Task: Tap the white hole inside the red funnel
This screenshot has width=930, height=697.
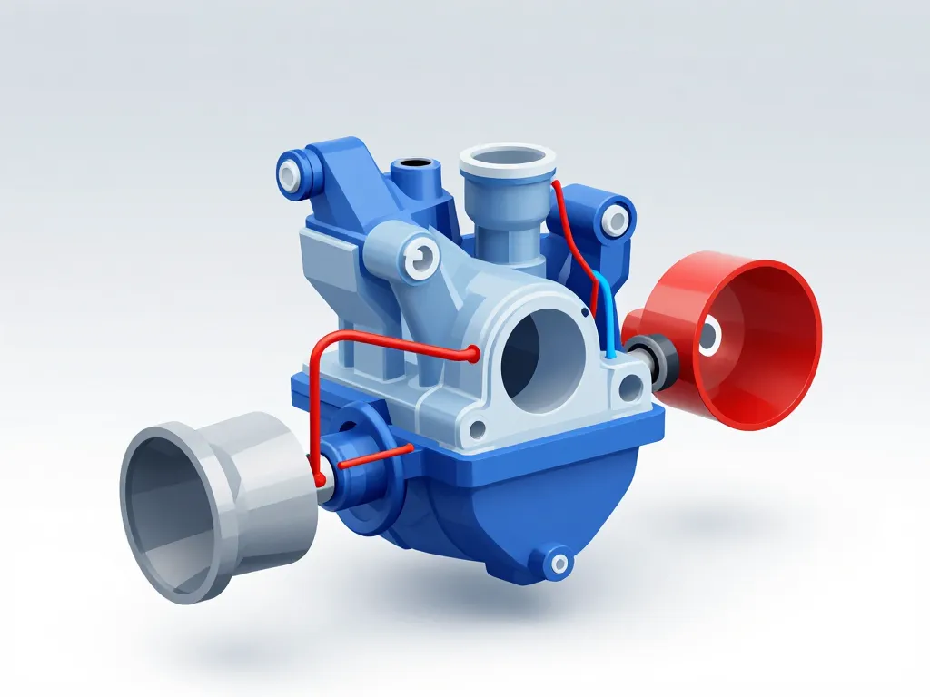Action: coord(707,338)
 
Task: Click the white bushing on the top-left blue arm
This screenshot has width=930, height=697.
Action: coord(291,172)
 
